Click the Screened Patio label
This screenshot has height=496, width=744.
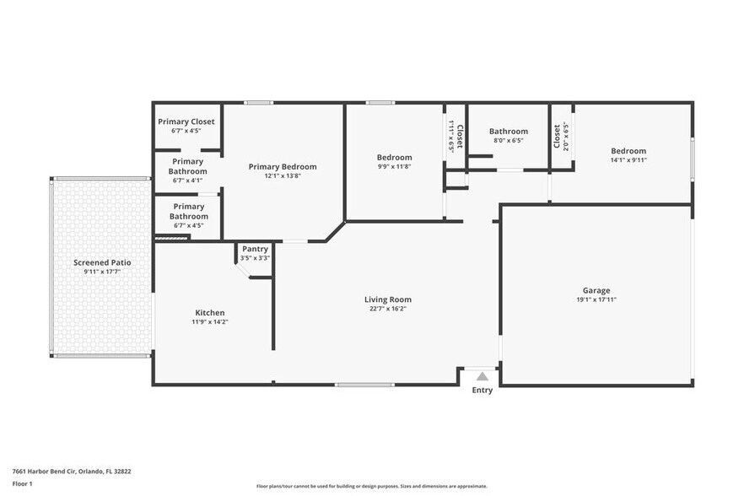pyautogui.click(x=102, y=262)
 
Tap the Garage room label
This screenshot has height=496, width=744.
pyautogui.click(x=596, y=290)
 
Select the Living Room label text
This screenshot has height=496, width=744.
pyautogui.click(x=387, y=299)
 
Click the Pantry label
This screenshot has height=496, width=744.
pyautogui.click(x=255, y=249)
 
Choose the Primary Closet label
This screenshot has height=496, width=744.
pyautogui.click(x=186, y=121)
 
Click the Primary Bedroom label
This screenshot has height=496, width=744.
pyautogui.click(x=283, y=167)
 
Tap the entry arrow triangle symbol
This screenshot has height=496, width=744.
pyautogui.click(x=482, y=376)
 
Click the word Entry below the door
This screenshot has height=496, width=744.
pyautogui.click(x=483, y=390)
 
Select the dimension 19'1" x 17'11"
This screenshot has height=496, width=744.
pyautogui.click(x=596, y=299)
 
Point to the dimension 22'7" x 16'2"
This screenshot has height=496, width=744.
pyautogui.click(x=387, y=309)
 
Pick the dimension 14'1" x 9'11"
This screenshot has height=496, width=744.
pyautogui.click(x=628, y=160)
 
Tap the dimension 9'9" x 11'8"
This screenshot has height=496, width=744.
pyautogui.click(x=394, y=167)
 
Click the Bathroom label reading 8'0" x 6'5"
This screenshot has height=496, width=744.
pyautogui.click(x=509, y=135)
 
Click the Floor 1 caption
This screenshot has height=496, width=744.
pyautogui.click(x=22, y=483)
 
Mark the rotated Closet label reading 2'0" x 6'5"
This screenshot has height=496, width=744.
pyautogui.click(x=560, y=136)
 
